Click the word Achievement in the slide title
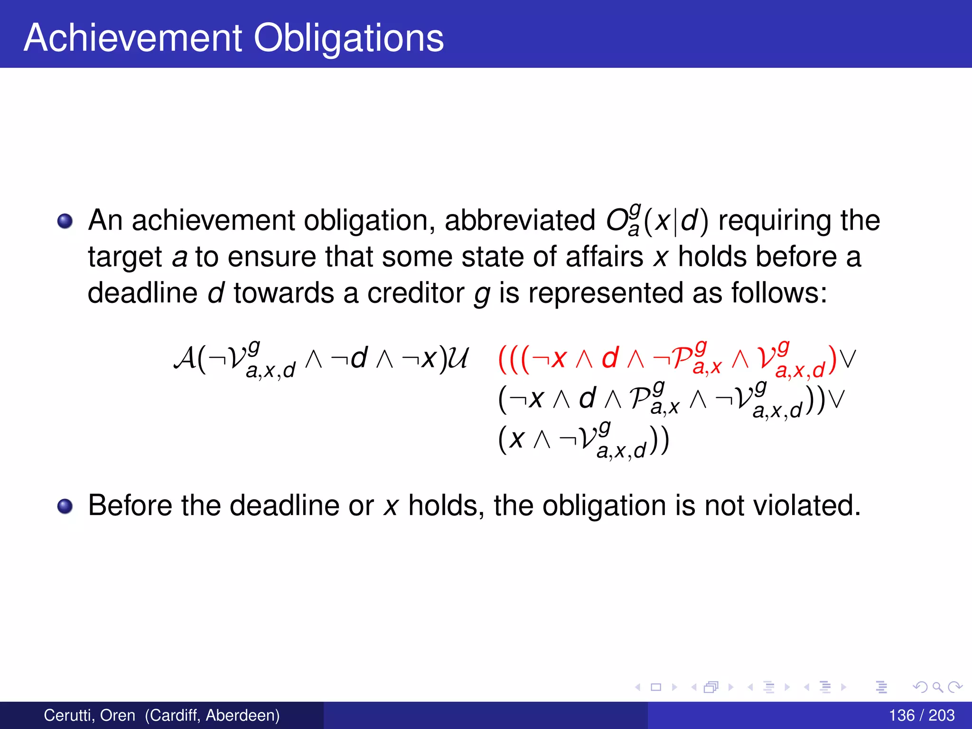(x=133, y=37)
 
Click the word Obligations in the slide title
(x=349, y=37)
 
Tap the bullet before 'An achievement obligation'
(x=65, y=221)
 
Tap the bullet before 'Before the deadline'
(x=65, y=506)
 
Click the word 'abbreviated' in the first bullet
(x=520, y=220)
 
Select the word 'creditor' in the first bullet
(x=416, y=293)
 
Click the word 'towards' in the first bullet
(x=284, y=293)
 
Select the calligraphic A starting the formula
(x=184, y=358)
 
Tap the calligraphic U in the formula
(x=458, y=358)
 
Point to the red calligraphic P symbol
(x=682, y=359)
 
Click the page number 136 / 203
(x=921, y=715)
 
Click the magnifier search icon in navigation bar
(x=937, y=687)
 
